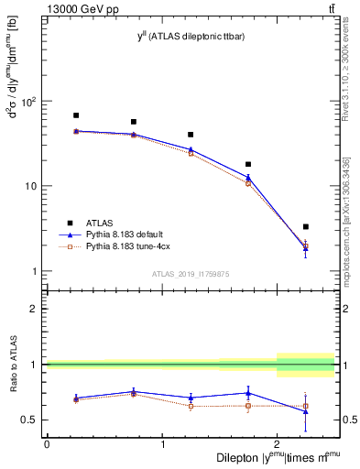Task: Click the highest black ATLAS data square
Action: (76, 115)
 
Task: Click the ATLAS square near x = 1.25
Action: (191, 135)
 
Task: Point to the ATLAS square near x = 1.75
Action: (248, 164)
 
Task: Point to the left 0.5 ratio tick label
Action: (30, 420)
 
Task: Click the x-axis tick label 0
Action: (47, 444)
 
